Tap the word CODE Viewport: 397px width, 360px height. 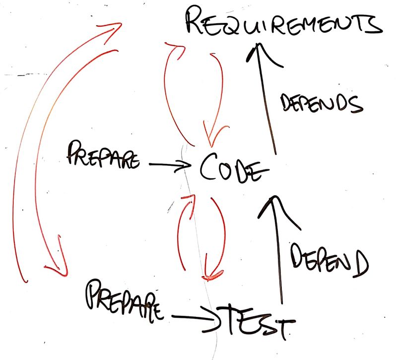(230, 169)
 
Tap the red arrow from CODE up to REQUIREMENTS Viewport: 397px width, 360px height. (169, 89)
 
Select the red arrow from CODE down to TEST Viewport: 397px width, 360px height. (216, 238)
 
